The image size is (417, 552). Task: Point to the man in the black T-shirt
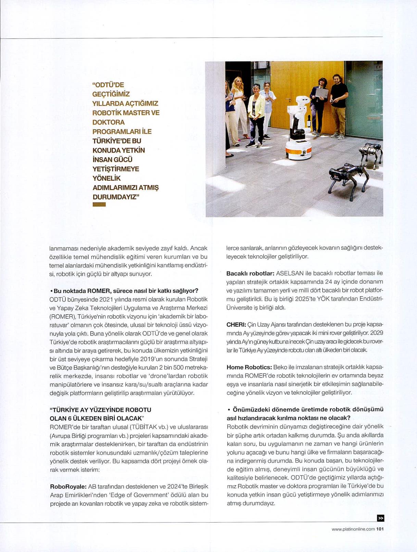339,103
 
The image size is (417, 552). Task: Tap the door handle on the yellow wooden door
290,99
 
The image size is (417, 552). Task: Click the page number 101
380,529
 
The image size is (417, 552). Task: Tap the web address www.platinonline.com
353,529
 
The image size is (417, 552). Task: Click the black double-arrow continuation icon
380,518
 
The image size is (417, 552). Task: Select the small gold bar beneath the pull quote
99,205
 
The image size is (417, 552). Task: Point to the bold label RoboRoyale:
68,487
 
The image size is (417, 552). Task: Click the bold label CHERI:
236,324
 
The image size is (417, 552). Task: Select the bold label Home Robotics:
249,367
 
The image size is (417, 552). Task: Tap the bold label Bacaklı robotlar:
250,273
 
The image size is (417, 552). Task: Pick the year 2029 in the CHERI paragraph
377,333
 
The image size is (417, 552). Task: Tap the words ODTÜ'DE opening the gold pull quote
108,85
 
